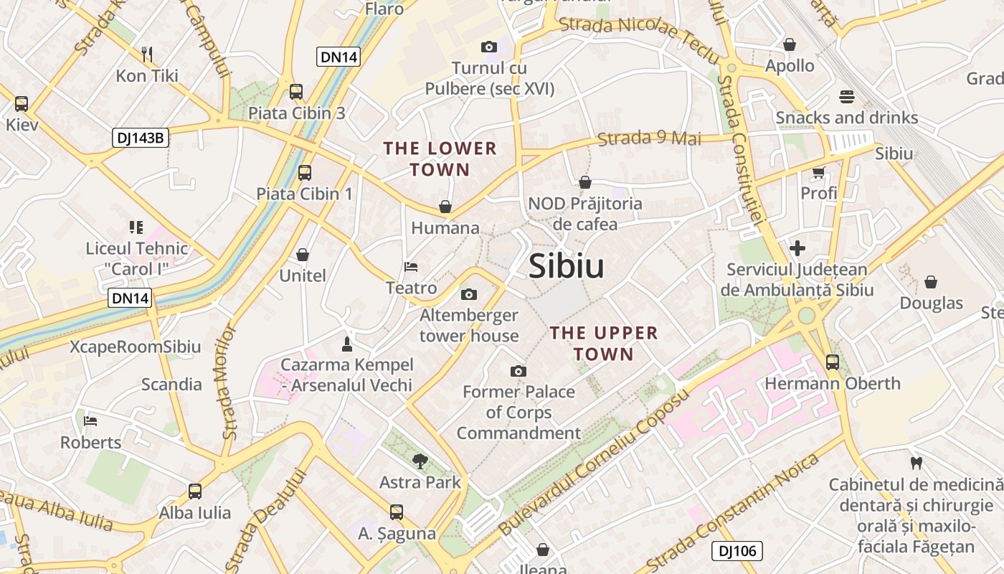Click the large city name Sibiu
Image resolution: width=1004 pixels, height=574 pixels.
[x=566, y=267]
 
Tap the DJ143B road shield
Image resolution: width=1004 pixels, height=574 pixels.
[x=140, y=138]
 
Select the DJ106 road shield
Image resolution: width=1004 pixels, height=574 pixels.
[x=737, y=551]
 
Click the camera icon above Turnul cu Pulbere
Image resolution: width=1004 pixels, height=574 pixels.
[x=489, y=47]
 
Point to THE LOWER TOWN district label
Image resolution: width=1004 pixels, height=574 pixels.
[x=440, y=159]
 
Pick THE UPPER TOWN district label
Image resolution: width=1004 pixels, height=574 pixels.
[x=603, y=343]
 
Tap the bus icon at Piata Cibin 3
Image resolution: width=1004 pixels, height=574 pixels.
[x=296, y=92]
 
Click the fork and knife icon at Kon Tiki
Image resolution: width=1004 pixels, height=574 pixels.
[x=147, y=55]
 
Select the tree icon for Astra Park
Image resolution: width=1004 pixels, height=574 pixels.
[x=420, y=461]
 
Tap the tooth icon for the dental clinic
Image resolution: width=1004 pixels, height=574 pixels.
[x=915, y=463]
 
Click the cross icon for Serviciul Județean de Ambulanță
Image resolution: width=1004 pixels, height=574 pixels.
[x=797, y=249]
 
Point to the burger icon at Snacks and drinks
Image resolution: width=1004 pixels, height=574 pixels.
[x=846, y=97]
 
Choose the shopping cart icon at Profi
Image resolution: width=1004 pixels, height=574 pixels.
[x=818, y=173]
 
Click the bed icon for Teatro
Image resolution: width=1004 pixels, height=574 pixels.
[x=411, y=267]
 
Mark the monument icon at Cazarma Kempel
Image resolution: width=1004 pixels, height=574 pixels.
[x=347, y=344]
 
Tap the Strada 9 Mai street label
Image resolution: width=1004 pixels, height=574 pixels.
[x=649, y=138]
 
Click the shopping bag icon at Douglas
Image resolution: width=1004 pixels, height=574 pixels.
[x=931, y=282]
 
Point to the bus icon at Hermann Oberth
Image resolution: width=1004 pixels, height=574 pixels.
[x=832, y=362]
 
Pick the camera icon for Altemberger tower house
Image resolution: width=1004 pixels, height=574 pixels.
[x=469, y=294]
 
